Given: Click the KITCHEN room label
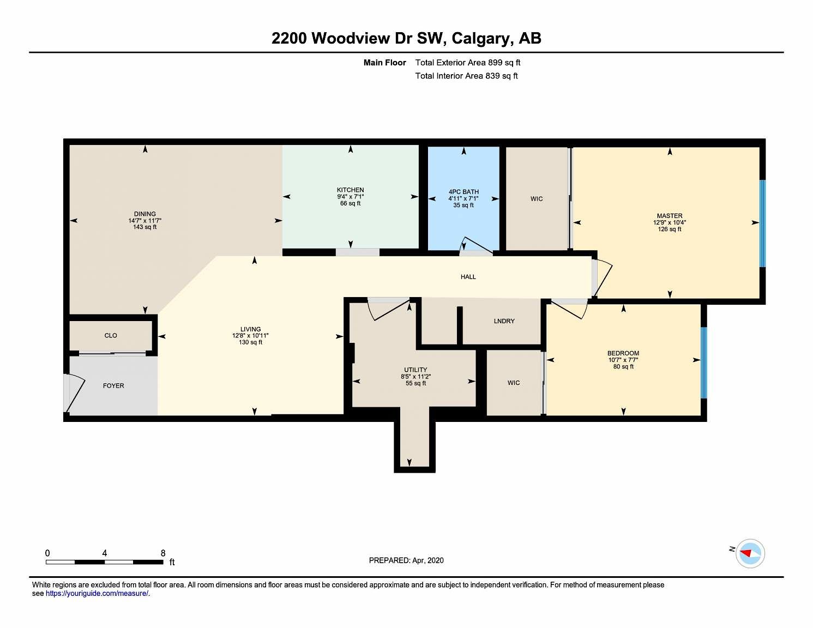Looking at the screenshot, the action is click(350, 190).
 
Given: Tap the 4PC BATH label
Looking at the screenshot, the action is click(463, 192).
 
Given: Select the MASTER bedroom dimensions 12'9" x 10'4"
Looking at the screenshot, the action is click(670, 222).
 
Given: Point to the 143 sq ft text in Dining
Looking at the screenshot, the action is click(145, 227).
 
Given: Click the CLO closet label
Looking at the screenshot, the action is click(111, 335).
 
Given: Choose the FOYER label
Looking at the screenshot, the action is click(113, 385).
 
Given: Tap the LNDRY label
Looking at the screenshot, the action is click(504, 321).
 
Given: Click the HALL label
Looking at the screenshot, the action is click(468, 277).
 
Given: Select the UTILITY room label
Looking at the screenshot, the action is click(415, 370).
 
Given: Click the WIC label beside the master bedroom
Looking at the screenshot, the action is click(537, 198).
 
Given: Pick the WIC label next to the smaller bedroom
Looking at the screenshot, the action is click(513, 383).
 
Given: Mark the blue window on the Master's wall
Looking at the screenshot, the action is click(762, 224).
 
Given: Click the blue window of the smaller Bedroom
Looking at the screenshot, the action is click(703, 363).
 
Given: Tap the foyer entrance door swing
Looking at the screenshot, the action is click(75, 392).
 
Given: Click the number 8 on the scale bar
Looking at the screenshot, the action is click(163, 553).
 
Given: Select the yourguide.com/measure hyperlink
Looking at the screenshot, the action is click(97, 593).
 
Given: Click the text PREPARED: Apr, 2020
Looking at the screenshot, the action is click(406, 560).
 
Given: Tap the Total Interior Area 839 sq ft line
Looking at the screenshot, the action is click(467, 76).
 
